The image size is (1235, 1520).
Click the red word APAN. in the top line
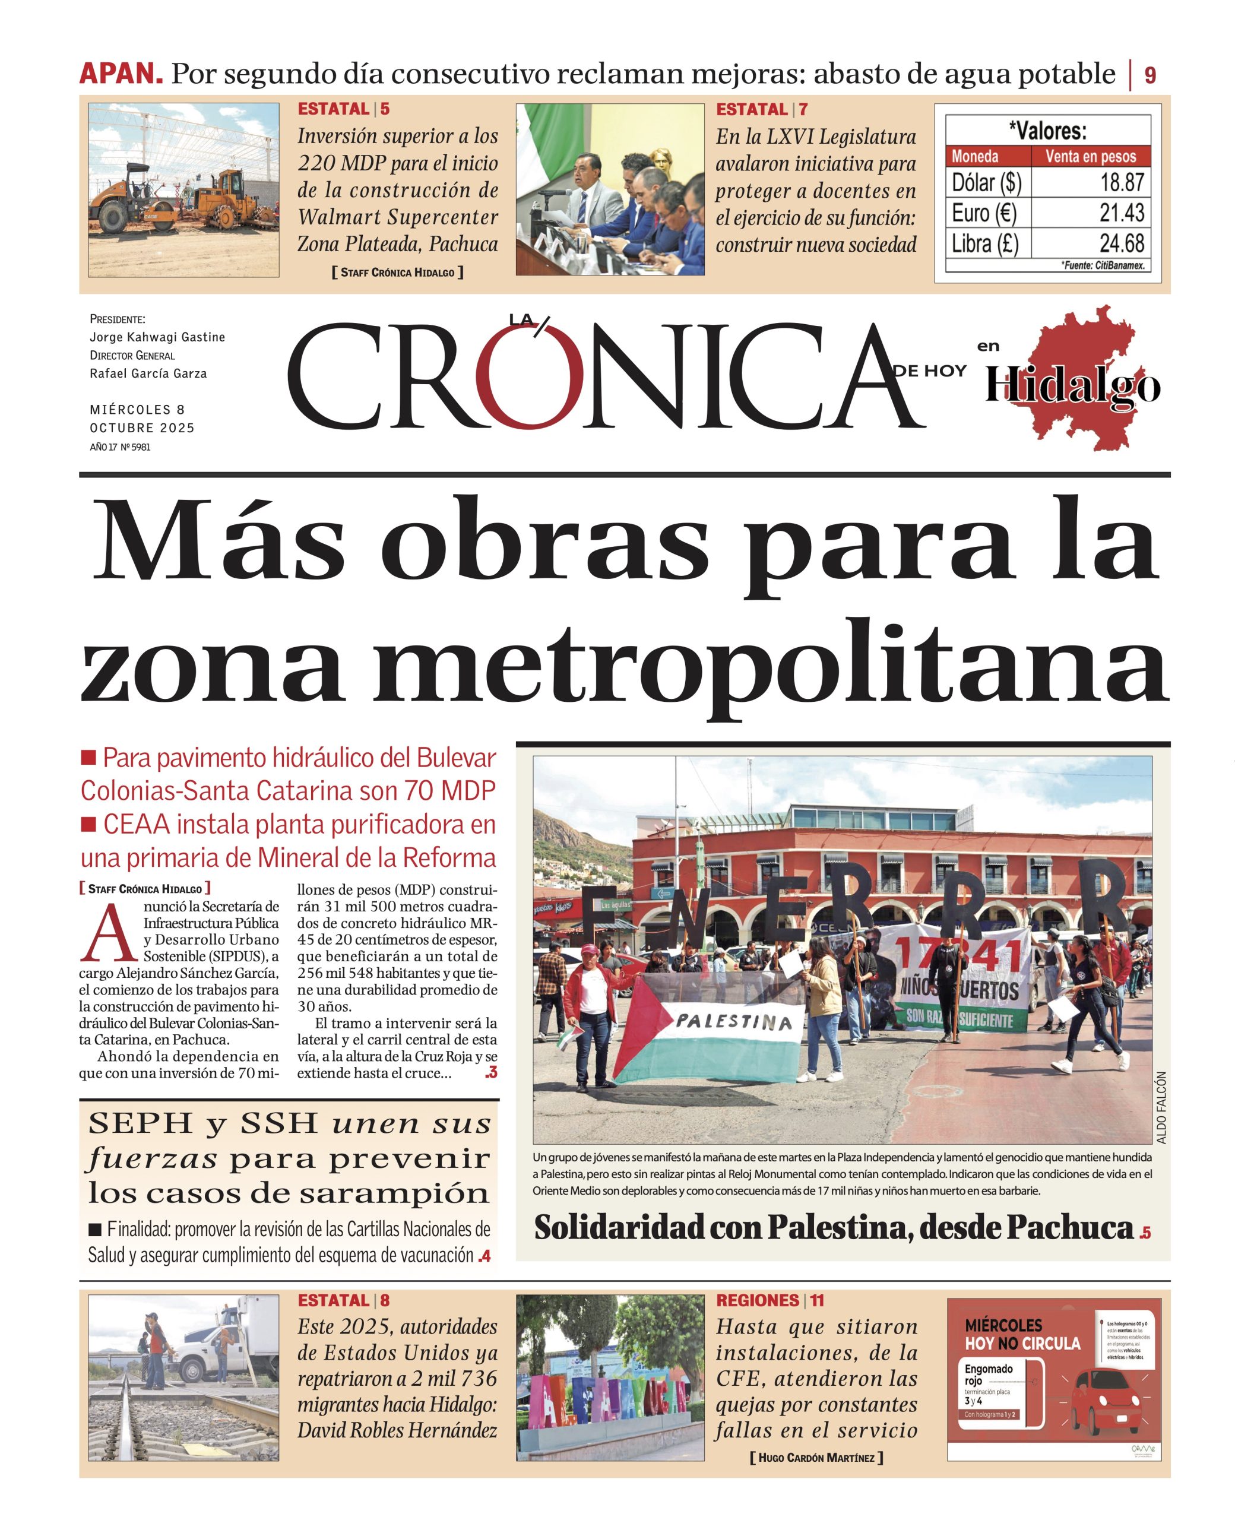[x=121, y=74]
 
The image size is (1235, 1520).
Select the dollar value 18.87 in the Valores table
[x=1122, y=182]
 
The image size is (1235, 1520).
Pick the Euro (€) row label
[x=984, y=213]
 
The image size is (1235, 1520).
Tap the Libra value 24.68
[x=1122, y=244]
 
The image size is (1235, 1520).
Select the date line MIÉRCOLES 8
[x=137, y=410]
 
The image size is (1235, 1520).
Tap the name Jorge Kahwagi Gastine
[x=157, y=337]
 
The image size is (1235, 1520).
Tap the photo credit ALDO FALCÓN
[x=1161, y=1117]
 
